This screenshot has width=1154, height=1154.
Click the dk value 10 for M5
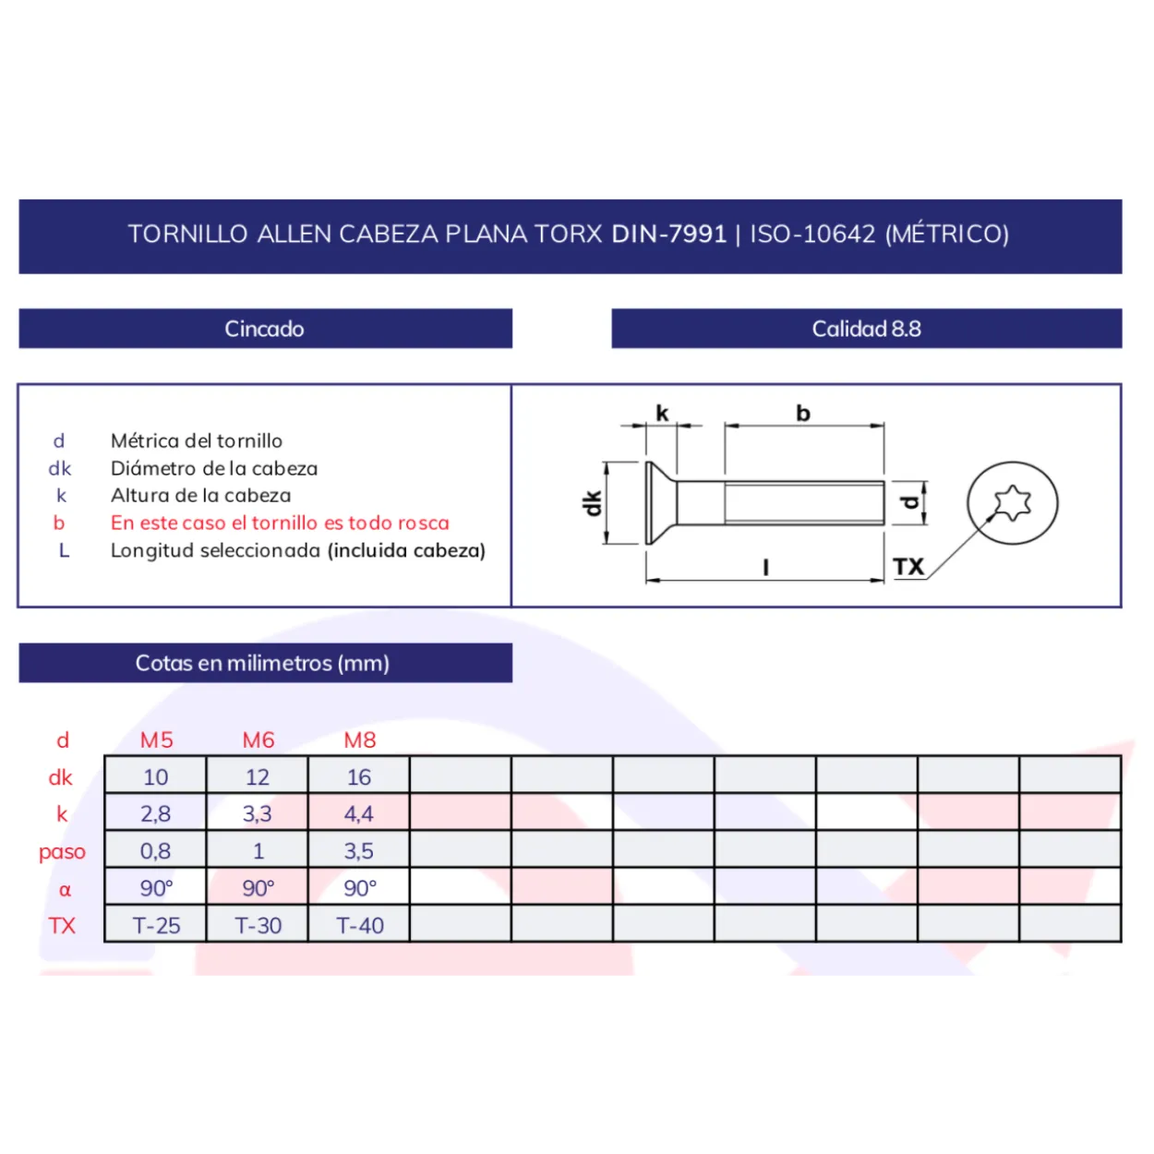pyautogui.click(x=156, y=777)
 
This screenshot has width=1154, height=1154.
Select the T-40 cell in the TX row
pyautogui.click(x=360, y=926)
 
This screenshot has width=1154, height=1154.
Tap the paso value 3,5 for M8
pyautogui.click(x=359, y=851)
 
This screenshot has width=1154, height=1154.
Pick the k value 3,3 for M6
pyautogui.click(x=258, y=814)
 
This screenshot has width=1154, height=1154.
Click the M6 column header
pyautogui.click(x=258, y=740)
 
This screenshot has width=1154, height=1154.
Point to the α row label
pyautogui.click(x=65, y=890)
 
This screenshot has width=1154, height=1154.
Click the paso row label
pyautogui.click(x=62, y=852)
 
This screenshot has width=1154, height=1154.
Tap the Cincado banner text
pyautogui.click(x=264, y=329)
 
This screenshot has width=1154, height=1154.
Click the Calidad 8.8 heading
pyautogui.click(x=866, y=329)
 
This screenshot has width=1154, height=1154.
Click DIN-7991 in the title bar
pyautogui.click(x=669, y=234)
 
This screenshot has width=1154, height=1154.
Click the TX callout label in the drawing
pyautogui.click(x=908, y=567)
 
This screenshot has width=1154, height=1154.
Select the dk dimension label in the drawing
pyautogui.click(x=592, y=503)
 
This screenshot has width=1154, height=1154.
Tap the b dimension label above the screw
pyautogui.click(x=803, y=414)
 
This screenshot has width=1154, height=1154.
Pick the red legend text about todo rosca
pyautogui.click(x=280, y=523)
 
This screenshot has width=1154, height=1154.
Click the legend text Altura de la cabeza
pyautogui.click(x=200, y=495)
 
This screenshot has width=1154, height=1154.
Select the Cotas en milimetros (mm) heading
pyautogui.click(x=262, y=664)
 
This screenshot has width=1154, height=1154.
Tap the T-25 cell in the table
pyautogui.click(x=156, y=926)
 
